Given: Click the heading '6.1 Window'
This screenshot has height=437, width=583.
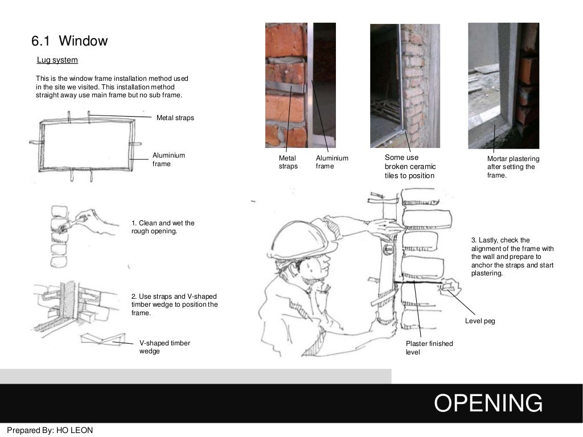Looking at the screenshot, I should coord(69,41).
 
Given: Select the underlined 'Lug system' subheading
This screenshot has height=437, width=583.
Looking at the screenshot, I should coord(57,60).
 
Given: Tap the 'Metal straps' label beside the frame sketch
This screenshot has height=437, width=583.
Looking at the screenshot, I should coord(175,118).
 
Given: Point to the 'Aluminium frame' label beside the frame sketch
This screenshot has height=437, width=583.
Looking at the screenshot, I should coord(169,159).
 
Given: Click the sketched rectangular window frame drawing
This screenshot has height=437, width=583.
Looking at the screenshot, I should coord(85,145).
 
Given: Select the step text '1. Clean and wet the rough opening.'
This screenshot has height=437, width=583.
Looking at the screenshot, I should coord(163,227).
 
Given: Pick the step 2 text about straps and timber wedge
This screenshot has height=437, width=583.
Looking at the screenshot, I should coord(174,305).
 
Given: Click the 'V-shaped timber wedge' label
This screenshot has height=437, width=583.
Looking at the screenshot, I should coord(165,347).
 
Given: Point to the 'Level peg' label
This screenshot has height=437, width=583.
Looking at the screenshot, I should coord(480,321).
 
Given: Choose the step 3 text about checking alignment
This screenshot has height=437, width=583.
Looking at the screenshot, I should coord(512,257).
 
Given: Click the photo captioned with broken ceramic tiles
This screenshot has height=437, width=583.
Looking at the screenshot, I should coord(404,85).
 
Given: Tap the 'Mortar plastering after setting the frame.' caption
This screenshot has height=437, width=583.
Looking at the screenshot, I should coord(512,167).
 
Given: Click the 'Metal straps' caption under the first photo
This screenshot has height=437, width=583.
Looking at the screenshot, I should coord(288,162).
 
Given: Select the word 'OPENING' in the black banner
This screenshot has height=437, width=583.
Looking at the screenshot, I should coord(488,403).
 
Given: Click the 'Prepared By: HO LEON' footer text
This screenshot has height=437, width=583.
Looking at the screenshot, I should coord(50,430).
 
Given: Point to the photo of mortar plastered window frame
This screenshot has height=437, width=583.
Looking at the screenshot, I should coord(503,85).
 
